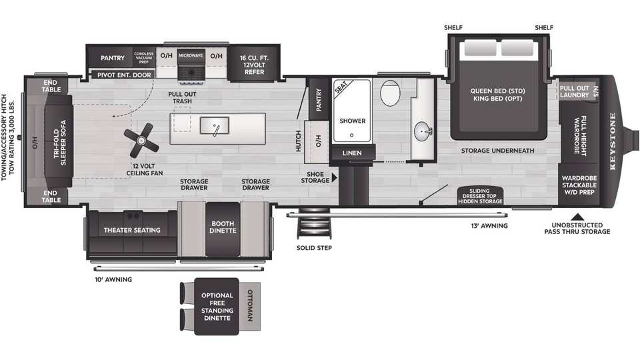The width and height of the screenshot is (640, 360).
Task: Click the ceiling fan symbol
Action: click(141, 141)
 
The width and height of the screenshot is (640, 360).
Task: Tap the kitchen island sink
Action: click(214, 126)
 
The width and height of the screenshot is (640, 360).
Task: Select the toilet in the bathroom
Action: click(390, 93)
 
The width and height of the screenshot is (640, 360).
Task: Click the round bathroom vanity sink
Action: click(423, 132)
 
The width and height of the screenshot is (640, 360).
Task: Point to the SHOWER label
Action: click(353, 121)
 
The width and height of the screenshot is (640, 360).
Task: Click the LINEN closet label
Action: click(352, 153)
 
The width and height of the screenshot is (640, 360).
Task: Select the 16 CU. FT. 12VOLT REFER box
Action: click(254, 65)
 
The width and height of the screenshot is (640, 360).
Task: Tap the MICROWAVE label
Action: click(191, 55)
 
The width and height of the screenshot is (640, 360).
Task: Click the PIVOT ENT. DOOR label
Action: click(124, 75)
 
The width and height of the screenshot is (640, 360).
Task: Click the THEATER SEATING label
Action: click(132, 230)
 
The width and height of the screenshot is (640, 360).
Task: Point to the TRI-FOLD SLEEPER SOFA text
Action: click(59, 143)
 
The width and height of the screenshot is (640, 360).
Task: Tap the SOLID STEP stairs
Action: click(313, 224)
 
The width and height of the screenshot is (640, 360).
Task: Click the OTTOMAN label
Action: click(250, 306)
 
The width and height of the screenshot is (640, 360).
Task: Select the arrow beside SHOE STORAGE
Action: click(334, 177)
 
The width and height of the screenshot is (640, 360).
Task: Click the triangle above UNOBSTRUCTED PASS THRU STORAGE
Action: click(577, 217)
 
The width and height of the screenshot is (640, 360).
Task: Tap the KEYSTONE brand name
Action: click(613, 141)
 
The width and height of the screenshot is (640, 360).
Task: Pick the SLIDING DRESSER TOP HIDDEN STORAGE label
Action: click(480, 196)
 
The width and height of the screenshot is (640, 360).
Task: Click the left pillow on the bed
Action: click(480, 48)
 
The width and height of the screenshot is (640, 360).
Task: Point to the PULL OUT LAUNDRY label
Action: click(574, 91)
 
